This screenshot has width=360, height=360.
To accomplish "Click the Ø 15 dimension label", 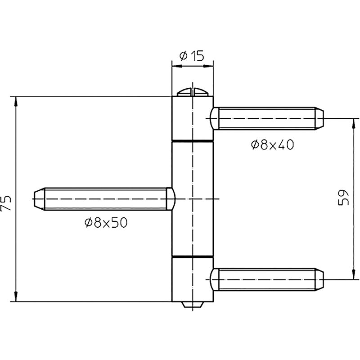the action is click(192, 56).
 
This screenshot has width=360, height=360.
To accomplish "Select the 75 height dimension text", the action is click(6, 203).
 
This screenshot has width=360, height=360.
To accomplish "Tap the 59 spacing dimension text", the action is click(343, 198).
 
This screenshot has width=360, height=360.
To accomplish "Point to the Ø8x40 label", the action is click(273, 145).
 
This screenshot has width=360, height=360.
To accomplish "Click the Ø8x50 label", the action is click(106, 223).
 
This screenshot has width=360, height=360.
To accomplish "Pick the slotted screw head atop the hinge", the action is click(193, 92).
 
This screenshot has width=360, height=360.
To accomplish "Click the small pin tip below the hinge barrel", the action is click(193, 305).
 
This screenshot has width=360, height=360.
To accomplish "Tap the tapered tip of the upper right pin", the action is click(319, 118).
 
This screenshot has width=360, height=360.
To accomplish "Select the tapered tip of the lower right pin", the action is click(319, 279).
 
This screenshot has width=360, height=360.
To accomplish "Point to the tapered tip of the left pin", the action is click(39, 199).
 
